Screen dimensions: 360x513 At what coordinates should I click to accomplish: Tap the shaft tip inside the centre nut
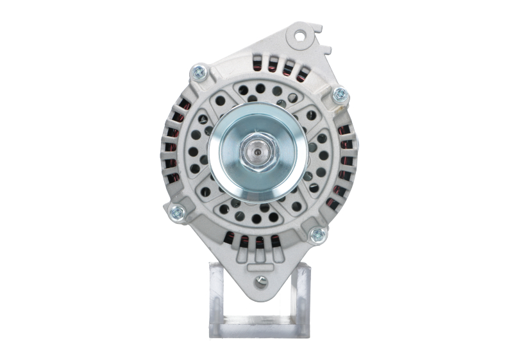coord(256,154)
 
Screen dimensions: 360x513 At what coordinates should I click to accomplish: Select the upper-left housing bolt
coord(199,72)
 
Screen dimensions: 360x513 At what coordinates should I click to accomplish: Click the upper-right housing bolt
coord(341,95)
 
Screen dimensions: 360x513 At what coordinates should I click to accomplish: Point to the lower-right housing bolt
coord(317,235)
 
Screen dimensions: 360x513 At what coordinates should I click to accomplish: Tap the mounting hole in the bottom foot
coord(261,280)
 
